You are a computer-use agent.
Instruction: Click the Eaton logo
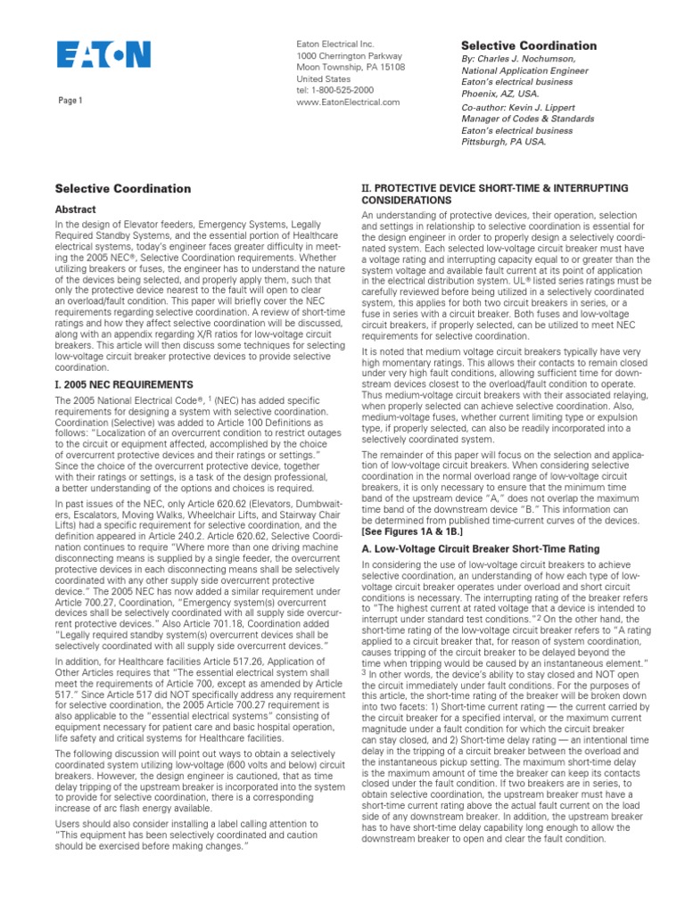[x=104, y=56]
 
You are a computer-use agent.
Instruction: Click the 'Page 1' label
[x=70, y=101]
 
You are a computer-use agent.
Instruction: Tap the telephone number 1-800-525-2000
[x=337, y=90]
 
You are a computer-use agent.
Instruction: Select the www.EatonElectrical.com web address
[x=348, y=102]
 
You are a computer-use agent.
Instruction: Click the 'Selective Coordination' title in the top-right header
[x=528, y=45]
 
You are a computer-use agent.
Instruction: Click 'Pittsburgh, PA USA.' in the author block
[x=502, y=141]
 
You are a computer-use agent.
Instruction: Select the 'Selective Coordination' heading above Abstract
[x=123, y=189]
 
